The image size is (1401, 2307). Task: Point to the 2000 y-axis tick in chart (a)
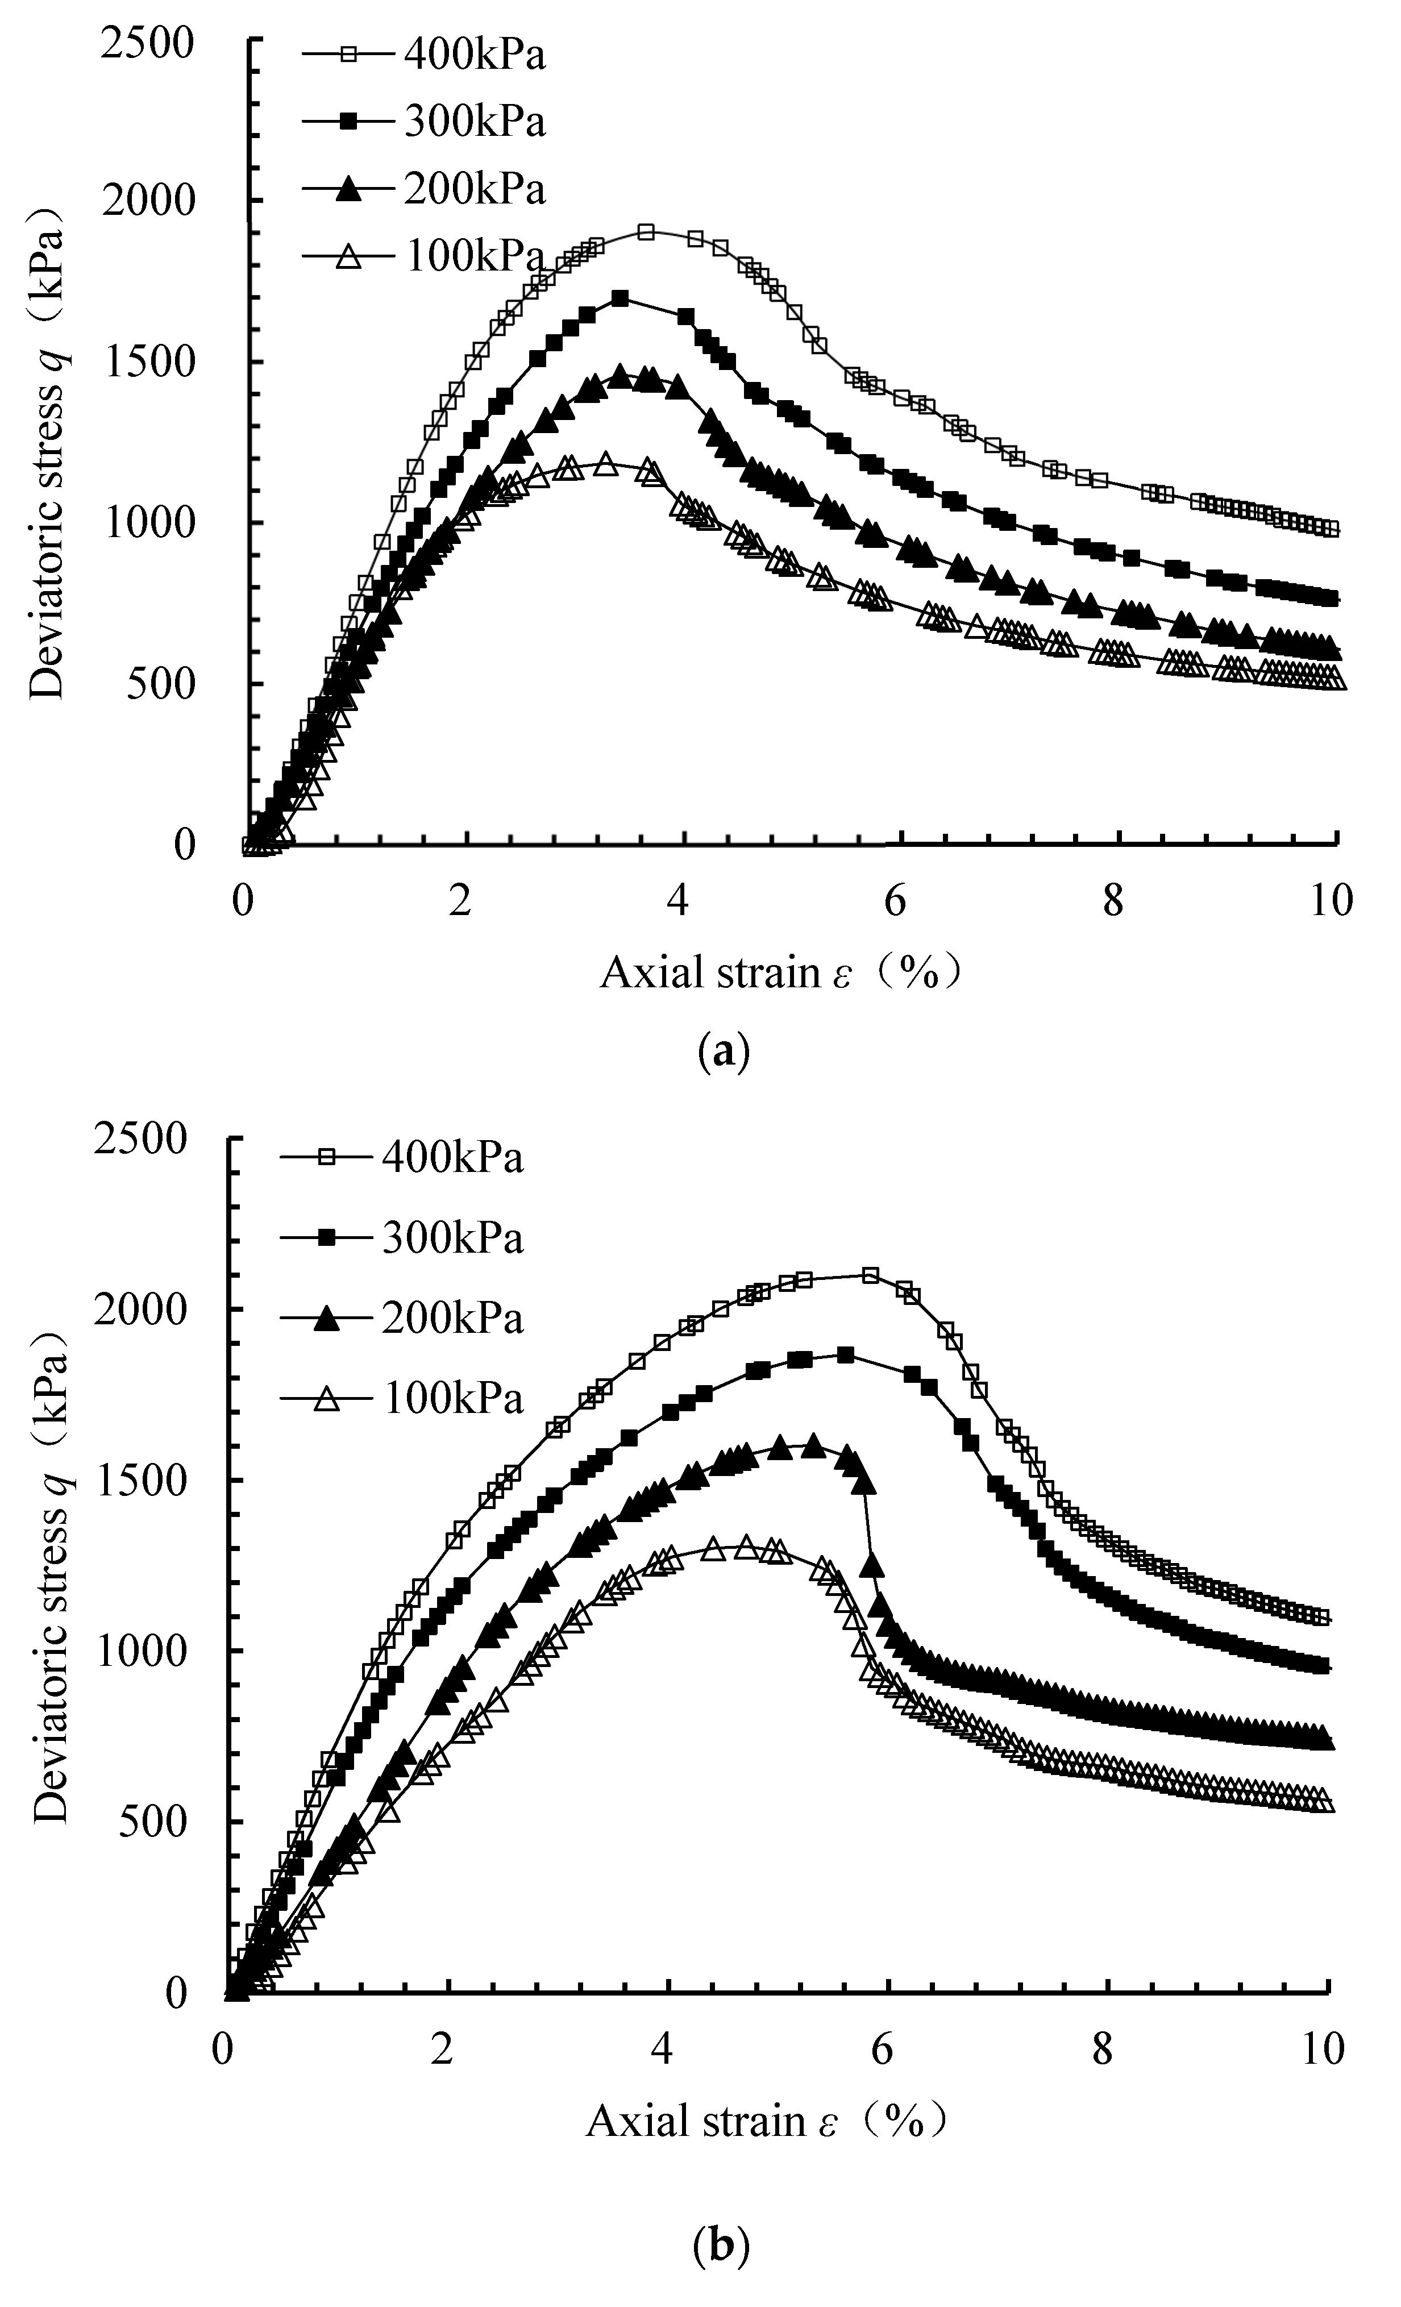pyautogui.click(x=150, y=201)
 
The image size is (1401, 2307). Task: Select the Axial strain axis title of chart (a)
pyautogui.click(x=780, y=974)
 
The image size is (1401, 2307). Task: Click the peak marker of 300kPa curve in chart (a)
pyautogui.click(x=619, y=298)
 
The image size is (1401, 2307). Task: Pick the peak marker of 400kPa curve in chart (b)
pyautogui.click(x=870, y=1275)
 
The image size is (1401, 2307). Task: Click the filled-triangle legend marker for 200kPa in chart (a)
pyautogui.click(x=347, y=189)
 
